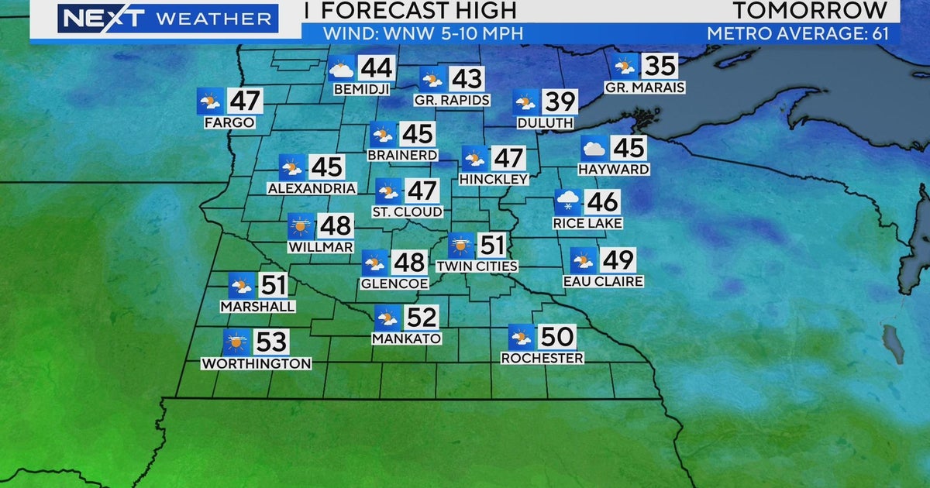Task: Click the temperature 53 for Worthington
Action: (267, 342)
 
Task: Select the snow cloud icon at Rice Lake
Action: (567, 202)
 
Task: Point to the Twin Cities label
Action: (477, 266)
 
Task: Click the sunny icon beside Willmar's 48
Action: (300, 225)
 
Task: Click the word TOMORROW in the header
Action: (810, 10)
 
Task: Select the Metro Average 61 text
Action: (802, 34)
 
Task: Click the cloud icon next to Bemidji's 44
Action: (340, 69)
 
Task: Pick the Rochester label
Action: (542, 358)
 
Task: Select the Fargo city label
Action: (229, 122)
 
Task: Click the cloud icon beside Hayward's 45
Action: (594, 148)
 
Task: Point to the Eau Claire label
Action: (603, 281)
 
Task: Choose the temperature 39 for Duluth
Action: (560, 102)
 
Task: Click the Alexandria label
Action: (312, 188)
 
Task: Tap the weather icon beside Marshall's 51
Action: (241, 285)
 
